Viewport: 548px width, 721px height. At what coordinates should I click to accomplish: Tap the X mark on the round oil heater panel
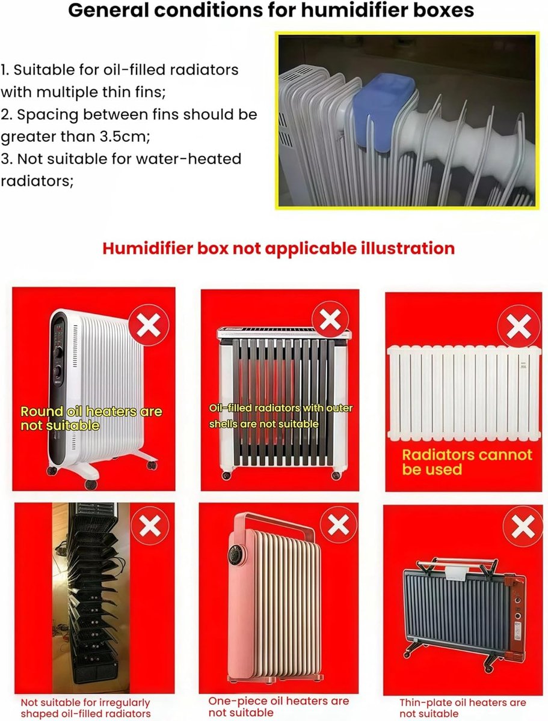point(149,325)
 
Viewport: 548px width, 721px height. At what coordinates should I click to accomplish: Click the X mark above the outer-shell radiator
point(330,320)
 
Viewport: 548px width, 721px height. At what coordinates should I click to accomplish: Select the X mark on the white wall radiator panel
point(519,326)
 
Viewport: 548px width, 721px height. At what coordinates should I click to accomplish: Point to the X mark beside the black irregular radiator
point(150,526)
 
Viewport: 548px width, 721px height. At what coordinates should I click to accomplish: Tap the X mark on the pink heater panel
point(338,525)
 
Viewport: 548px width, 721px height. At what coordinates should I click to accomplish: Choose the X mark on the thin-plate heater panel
point(523,527)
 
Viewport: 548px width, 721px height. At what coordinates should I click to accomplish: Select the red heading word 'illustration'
point(408,248)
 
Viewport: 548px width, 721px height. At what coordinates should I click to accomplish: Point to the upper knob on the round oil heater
point(58,352)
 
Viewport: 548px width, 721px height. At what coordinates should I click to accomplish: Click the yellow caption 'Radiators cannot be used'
point(467,462)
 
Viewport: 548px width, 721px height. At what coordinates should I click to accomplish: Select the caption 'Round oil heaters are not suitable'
point(91,418)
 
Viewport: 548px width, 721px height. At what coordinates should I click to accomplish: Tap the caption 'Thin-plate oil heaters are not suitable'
point(463,708)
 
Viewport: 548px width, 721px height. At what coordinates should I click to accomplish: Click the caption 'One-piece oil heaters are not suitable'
point(279,707)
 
